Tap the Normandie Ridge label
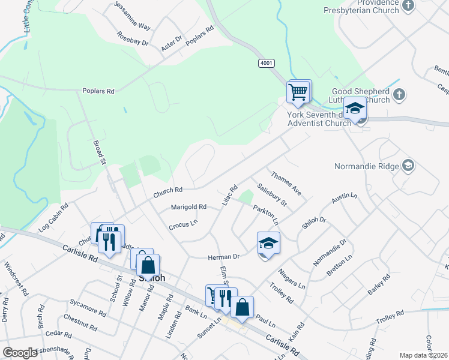(366, 166)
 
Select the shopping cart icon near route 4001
(298, 92)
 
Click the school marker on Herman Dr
(269, 243)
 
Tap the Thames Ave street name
(286, 184)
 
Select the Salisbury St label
(273, 194)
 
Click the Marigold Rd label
(188, 207)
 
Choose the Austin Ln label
(345, 197)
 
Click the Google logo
(20, 352)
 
